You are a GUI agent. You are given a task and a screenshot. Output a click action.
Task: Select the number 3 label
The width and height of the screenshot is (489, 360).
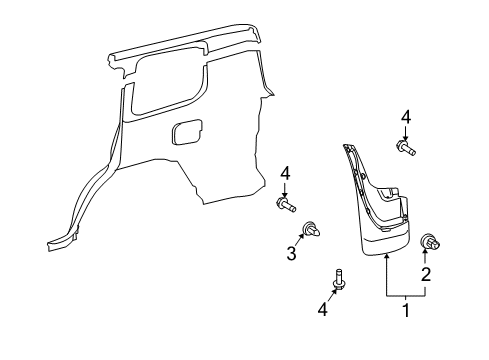pyautogui.click(x=291, y=254)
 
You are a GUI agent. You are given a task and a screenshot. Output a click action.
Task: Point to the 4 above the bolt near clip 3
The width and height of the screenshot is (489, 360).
pyautogui.click(x=285, y=173)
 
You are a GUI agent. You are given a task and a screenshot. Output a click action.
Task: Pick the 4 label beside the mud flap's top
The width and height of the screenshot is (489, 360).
pyautogui.click(x=405, y=117)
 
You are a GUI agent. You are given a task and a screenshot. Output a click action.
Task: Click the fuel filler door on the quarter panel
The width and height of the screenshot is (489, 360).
pyautogui.click(x=187, y=133)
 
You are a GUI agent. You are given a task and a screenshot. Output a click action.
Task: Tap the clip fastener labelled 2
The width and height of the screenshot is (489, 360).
pyautogui.click(x=434, y=241)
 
